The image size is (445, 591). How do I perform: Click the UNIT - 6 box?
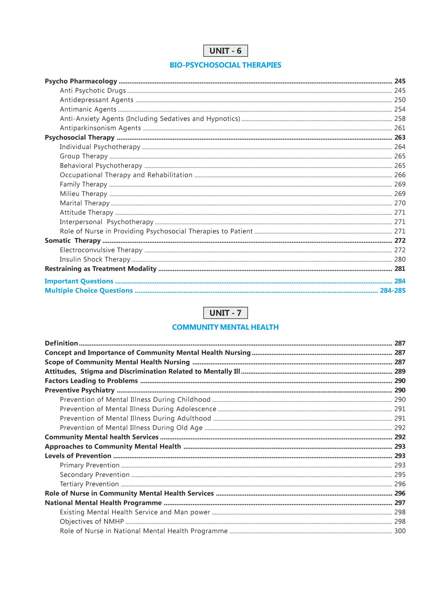tap(225, 51)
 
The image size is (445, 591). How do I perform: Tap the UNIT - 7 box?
tap(225, 313)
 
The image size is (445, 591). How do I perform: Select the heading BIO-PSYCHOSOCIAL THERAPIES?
tap(225, 65)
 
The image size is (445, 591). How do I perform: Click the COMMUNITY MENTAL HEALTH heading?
tap(225, 327)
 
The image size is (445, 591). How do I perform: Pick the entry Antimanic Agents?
tap(88, 109)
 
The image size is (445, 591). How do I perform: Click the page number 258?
tap(400, 119)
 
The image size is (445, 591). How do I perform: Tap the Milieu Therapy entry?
tap(83, 194)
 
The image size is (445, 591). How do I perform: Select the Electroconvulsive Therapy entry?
tap(101, 250)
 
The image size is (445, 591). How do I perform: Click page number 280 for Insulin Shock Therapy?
tap(400, 259)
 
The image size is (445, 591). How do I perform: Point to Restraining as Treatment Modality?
tap(100, 269)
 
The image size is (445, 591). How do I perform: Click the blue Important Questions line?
tap(79, 281)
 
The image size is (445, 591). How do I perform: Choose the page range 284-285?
tap(392, 290)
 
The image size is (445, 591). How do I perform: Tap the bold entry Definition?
tap(61, 343)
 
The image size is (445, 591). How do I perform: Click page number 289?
tap(400, 371)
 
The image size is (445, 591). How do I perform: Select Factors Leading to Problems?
tap(91, 381)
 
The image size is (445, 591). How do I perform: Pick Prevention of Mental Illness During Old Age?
tap(131, 428)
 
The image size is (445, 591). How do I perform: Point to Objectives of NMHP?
tap(92, 522)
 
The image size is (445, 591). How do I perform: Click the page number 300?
tap(400, 531)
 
